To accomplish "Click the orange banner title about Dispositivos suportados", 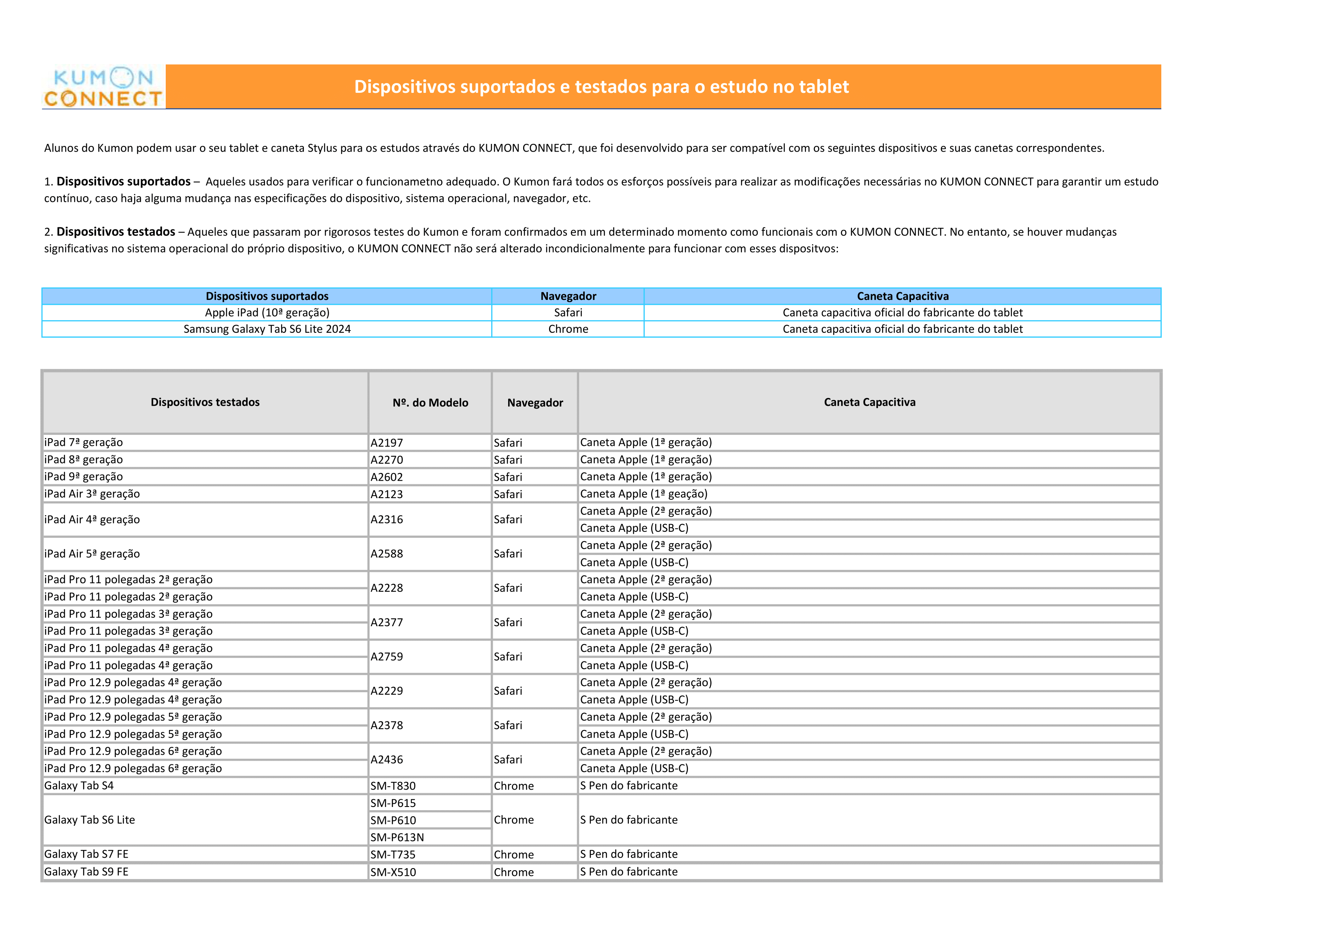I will pos(601,86).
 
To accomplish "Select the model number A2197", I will pos(387,443).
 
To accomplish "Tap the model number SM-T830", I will pos(393,786).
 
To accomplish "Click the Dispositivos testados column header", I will pos(205,402).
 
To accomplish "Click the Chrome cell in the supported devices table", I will pos(568,329).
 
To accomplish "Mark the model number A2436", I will pos(387,760).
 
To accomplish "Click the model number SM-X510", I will pos(393,872).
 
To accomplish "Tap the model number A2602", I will pos(387,477).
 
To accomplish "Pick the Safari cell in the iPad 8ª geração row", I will pos(508,460).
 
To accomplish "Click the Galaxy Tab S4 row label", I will pos(79,786).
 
